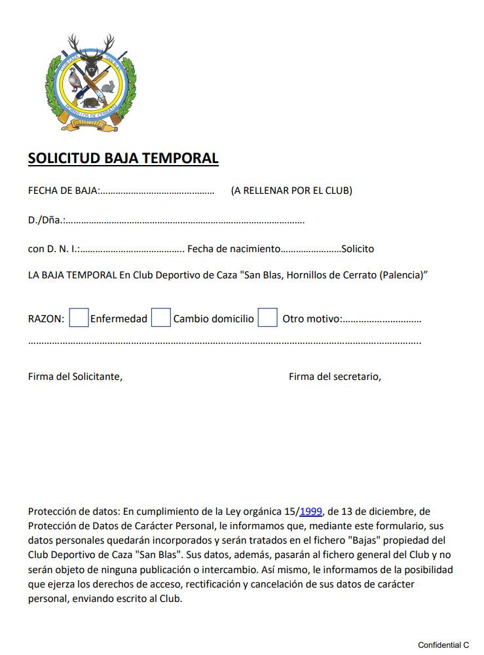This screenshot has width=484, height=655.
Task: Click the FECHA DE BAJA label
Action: point(63,191)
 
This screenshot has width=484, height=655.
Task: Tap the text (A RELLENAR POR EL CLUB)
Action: point(291,191)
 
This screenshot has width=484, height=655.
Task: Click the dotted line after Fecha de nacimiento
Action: point(310,250)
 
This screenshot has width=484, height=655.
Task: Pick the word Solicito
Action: point(358,249)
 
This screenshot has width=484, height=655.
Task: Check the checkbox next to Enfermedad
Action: point(79,318)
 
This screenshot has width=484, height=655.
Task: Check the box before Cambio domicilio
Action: point(161,318)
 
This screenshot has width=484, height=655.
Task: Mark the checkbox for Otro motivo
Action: point(267,318)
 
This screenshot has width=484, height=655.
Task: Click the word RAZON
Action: point(46,319)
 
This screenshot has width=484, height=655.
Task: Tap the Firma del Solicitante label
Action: point(75,377)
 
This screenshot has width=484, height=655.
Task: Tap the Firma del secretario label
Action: point(335,377)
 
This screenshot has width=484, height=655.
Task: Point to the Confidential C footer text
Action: point(443,645)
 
